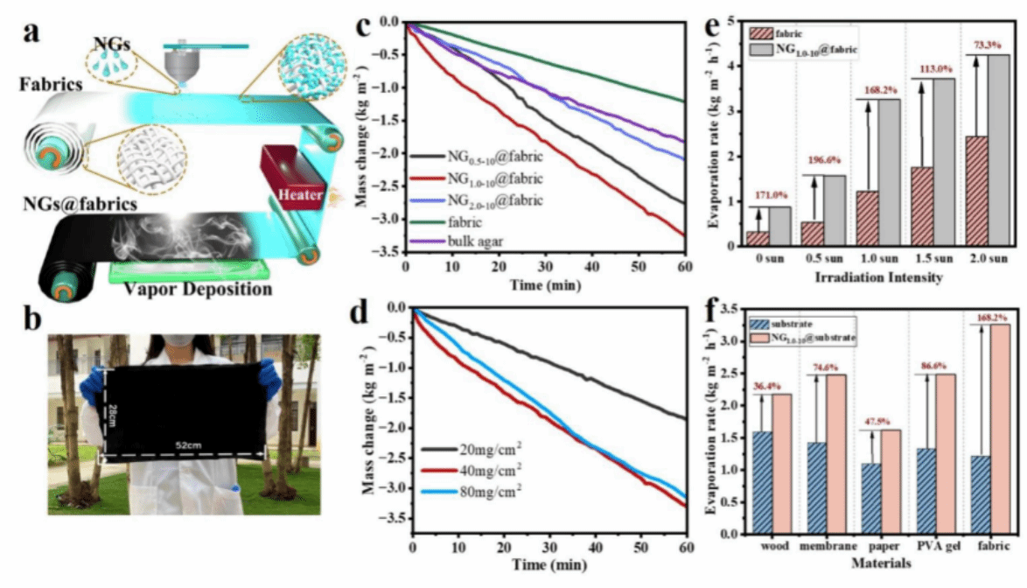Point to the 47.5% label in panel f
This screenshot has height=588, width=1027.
coord(877,419)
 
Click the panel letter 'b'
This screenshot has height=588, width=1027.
coord(32,320)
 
